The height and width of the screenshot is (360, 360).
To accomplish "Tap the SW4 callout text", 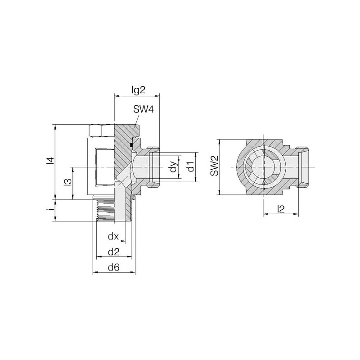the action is [143, 109].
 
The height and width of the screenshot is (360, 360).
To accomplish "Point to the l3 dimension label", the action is [68, 182].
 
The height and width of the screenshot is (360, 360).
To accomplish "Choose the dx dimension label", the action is [113, 236].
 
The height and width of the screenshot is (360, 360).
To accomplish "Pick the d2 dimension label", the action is [114, 252].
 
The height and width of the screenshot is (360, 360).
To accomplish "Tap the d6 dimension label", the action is [114, 267].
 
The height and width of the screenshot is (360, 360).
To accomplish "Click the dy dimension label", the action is [174, 167].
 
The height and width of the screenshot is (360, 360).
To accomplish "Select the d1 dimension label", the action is [190, 167].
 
